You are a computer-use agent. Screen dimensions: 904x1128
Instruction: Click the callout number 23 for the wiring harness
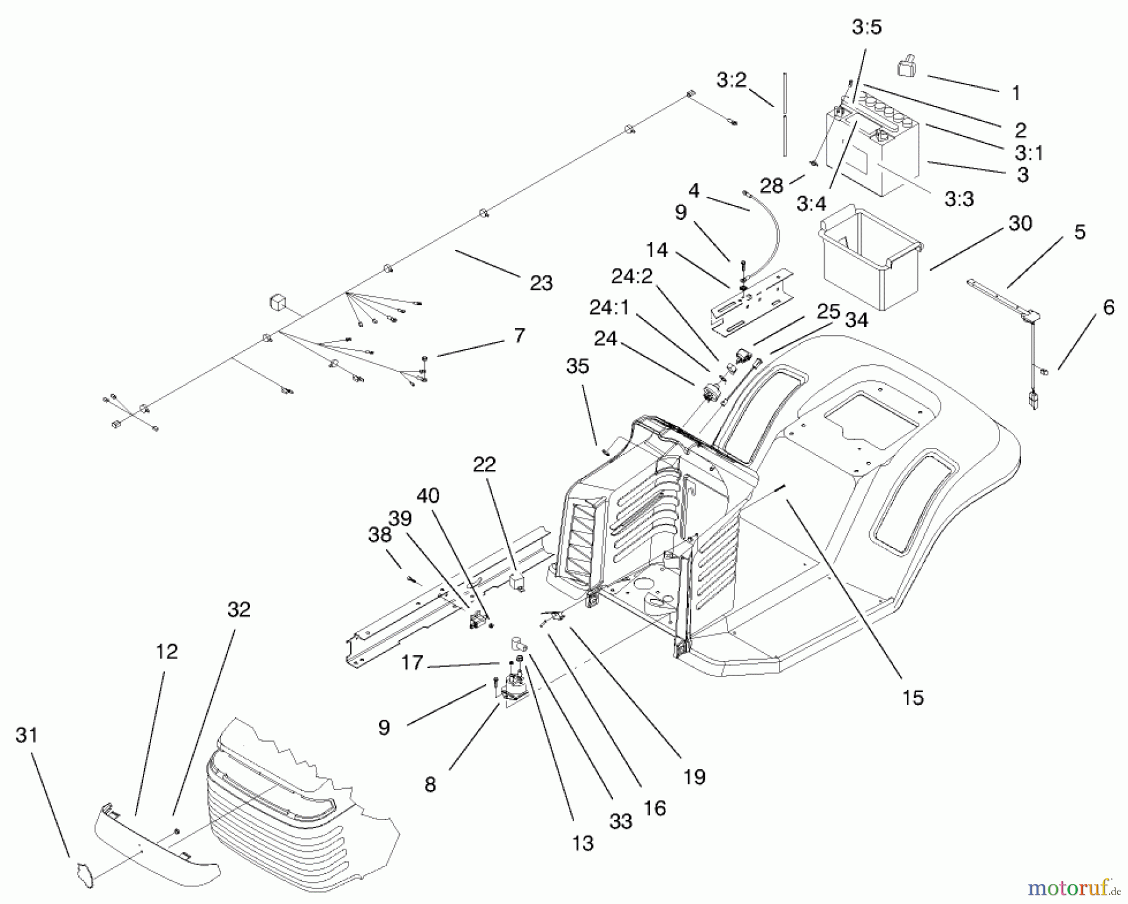(541, 283)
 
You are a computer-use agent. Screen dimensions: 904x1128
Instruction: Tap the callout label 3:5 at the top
(867, 28)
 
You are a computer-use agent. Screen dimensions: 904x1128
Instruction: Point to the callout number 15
(913, 697)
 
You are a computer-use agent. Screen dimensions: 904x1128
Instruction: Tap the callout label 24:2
(632, 276)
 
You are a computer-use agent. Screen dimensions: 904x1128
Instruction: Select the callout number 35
(577, 366)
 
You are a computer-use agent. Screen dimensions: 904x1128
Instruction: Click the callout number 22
(484, 464)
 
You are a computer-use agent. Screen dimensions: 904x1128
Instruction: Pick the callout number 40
(428, 496)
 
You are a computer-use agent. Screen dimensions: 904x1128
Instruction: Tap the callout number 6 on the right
(1108, 308)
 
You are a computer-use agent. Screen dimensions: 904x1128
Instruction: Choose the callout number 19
(695, 777)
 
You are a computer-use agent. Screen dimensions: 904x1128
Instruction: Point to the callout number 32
(239, 609)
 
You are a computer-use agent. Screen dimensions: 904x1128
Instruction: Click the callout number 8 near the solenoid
(429, 784)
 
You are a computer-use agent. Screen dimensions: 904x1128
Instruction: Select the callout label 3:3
(959, 200)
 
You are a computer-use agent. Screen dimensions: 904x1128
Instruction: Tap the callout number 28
(771, 185)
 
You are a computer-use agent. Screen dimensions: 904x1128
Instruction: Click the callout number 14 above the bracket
(656, 250)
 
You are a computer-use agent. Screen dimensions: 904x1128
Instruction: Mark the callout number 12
(167, 652)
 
